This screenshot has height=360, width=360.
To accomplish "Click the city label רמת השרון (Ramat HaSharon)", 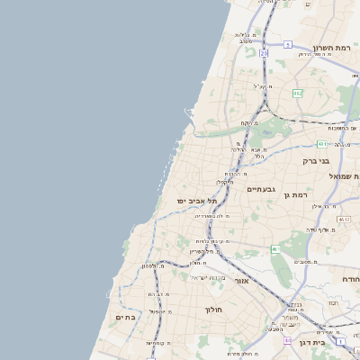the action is [337, 48].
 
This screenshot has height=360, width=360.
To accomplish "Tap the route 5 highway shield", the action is [287, 43].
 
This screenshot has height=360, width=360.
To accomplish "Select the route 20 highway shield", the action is [264, 54].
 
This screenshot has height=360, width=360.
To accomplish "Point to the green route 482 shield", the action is [297, 93].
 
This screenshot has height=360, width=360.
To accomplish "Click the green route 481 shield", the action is [321, 143].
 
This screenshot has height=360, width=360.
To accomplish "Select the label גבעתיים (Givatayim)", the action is [261, 189].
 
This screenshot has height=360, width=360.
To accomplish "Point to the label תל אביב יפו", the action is [198, 201].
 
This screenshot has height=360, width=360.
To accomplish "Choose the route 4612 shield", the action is [344, 219].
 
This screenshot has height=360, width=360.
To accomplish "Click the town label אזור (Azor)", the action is [241, 281].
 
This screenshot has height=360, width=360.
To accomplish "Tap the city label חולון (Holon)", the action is [213, 310].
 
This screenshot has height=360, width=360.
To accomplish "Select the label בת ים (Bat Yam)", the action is [124, 317].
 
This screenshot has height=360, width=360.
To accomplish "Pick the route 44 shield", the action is [287, 341].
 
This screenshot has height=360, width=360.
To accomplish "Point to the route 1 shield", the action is [341, 342].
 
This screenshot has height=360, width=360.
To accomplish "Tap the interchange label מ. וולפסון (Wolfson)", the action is [153, 266].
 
